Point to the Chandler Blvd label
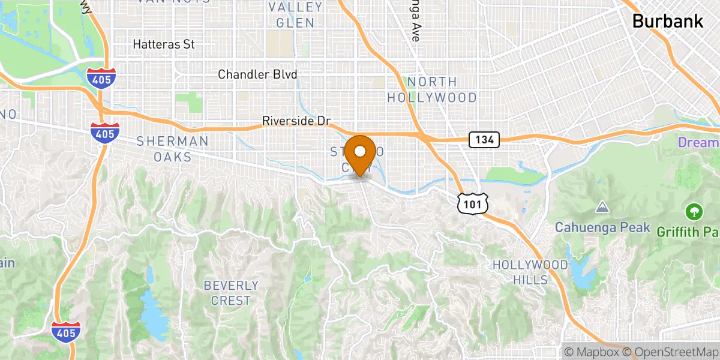point(257,74)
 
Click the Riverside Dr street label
point(296,121)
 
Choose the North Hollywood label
point(431,89)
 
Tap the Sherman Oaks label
point(173,149)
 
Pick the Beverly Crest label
point(231,293)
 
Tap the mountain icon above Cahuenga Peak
point(601,208)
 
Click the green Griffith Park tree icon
point(694,211)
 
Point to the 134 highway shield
point(484,140)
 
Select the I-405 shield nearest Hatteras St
point(100,77)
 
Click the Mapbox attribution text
point(590,352)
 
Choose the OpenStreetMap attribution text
point(670,352)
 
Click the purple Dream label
point(698,143)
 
